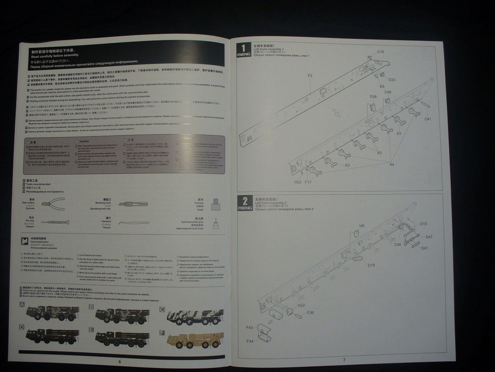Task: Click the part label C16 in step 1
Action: [x=380, y=52]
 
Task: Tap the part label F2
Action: [x=310, y=76]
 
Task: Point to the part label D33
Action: [x=392, y=80]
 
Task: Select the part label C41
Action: [x=428, y=119]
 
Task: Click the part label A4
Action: [x=392, y=165]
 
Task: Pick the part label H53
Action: [x=298, y=182]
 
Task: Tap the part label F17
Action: [x=308, y=182]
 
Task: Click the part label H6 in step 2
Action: [x=361, y=226]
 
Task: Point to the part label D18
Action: [x=371, y=265]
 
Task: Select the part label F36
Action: [x=310, y=313]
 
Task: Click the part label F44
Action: [x=250, y=341]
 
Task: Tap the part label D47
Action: [x=429, y=237]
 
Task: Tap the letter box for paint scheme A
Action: [x=22, y=304]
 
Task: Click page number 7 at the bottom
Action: [x=344, y=360]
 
